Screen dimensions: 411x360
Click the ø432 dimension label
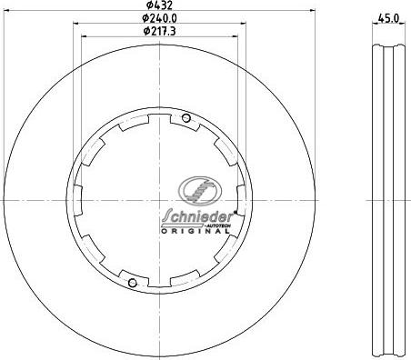point(159,5)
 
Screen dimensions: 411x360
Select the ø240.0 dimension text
point(159,18)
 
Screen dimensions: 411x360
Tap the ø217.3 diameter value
point(159,31)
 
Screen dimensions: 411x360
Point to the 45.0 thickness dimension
point(388,18)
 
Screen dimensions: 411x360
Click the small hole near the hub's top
point(186,118)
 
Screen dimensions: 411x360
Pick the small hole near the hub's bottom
point(133,283)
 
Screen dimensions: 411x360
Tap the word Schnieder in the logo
point(198,216)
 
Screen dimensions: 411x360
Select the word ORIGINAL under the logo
point(195,231)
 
